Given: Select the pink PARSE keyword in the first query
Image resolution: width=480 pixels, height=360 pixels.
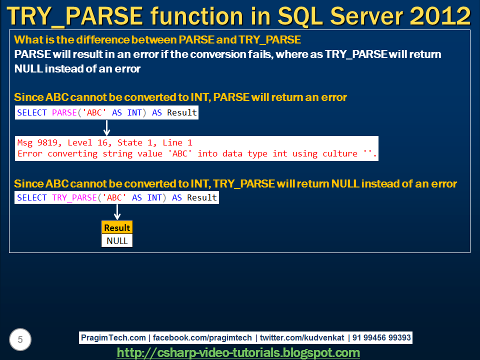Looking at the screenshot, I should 64,112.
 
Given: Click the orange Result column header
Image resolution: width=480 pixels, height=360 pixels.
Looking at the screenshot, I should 117,228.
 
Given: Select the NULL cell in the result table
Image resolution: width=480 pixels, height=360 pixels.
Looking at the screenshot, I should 117,241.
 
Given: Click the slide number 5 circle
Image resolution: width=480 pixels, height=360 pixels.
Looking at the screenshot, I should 20,340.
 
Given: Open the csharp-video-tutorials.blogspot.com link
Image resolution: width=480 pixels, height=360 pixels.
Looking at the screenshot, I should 238,353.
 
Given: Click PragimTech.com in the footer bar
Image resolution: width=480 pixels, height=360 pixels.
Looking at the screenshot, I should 113,338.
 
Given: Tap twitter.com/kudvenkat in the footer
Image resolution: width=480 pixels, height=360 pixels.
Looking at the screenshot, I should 301,338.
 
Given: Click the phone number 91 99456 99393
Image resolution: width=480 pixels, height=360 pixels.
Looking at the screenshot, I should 381,338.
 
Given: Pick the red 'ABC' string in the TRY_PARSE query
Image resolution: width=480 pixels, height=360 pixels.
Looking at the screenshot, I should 114,197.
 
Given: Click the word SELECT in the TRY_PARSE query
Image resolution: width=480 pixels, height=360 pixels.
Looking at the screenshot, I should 32,197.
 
